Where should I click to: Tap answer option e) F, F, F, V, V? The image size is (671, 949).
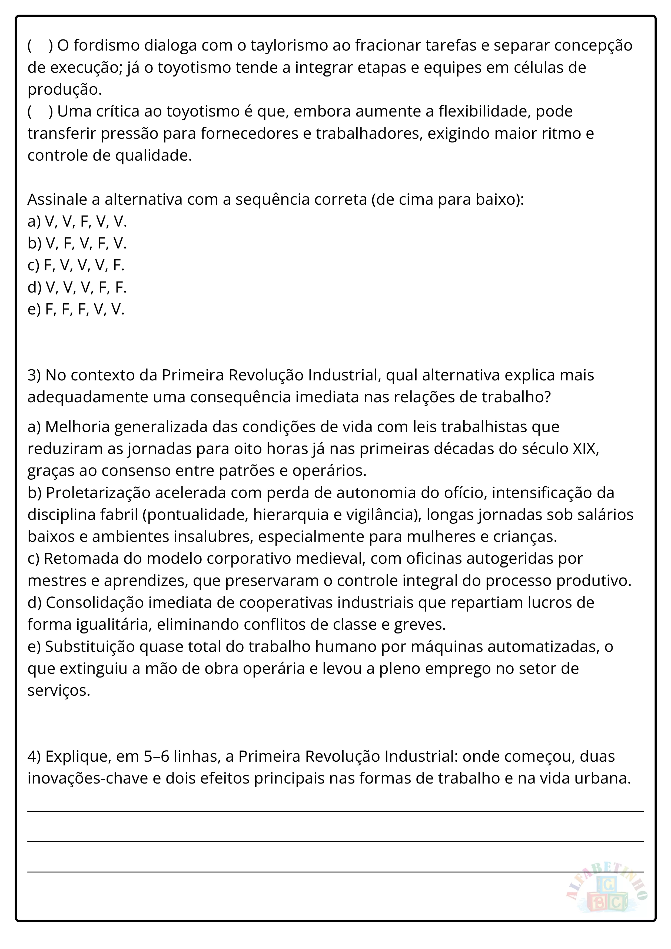click(x=76, y=309)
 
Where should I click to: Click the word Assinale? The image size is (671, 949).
click(x=57, y=200)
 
